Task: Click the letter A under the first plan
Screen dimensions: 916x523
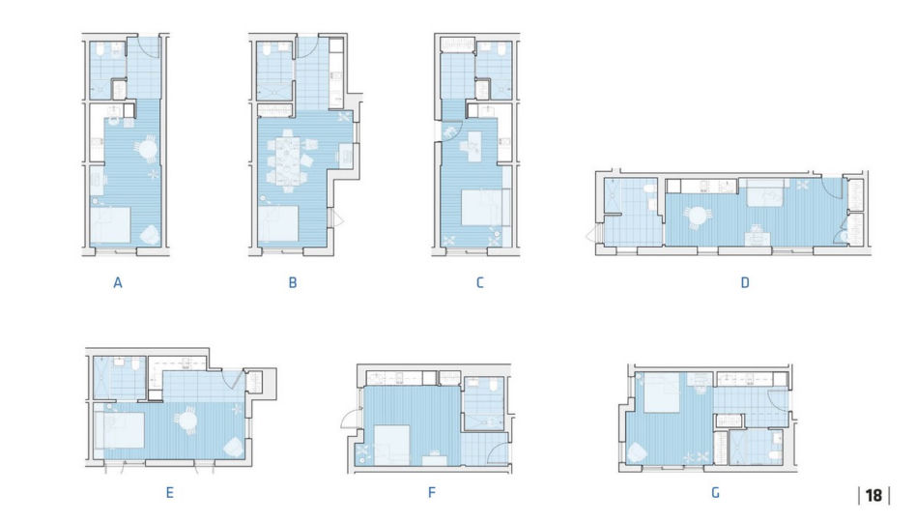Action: tap(118, 283)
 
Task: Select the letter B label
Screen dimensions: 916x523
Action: tap(293, 283)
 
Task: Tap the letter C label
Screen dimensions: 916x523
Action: tap(479, 283)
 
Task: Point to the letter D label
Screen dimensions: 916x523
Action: tap(745, 283)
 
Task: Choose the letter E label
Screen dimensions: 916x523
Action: tap(169, 493)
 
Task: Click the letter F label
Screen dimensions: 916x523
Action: tap(432, 493)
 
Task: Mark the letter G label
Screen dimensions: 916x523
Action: tap(715, 493)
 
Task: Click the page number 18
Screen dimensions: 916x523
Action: tap(873, 496)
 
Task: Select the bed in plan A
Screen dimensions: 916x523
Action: tap(110, 225)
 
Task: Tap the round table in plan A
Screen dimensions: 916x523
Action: tap(149, 150)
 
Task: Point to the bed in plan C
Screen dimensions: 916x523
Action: tap(484, 208)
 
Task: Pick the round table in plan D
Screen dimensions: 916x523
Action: tap(698, 217)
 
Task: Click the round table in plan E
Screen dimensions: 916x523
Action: tap(187, 421)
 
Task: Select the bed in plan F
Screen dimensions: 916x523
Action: tap(391, 446)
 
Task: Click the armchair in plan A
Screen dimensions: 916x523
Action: tap(150, 235)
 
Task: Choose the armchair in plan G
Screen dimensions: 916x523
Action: tap(636, 452)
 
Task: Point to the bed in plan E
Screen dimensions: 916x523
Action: tap(120, 430)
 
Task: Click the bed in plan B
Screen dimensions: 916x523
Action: tap(278, 224)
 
